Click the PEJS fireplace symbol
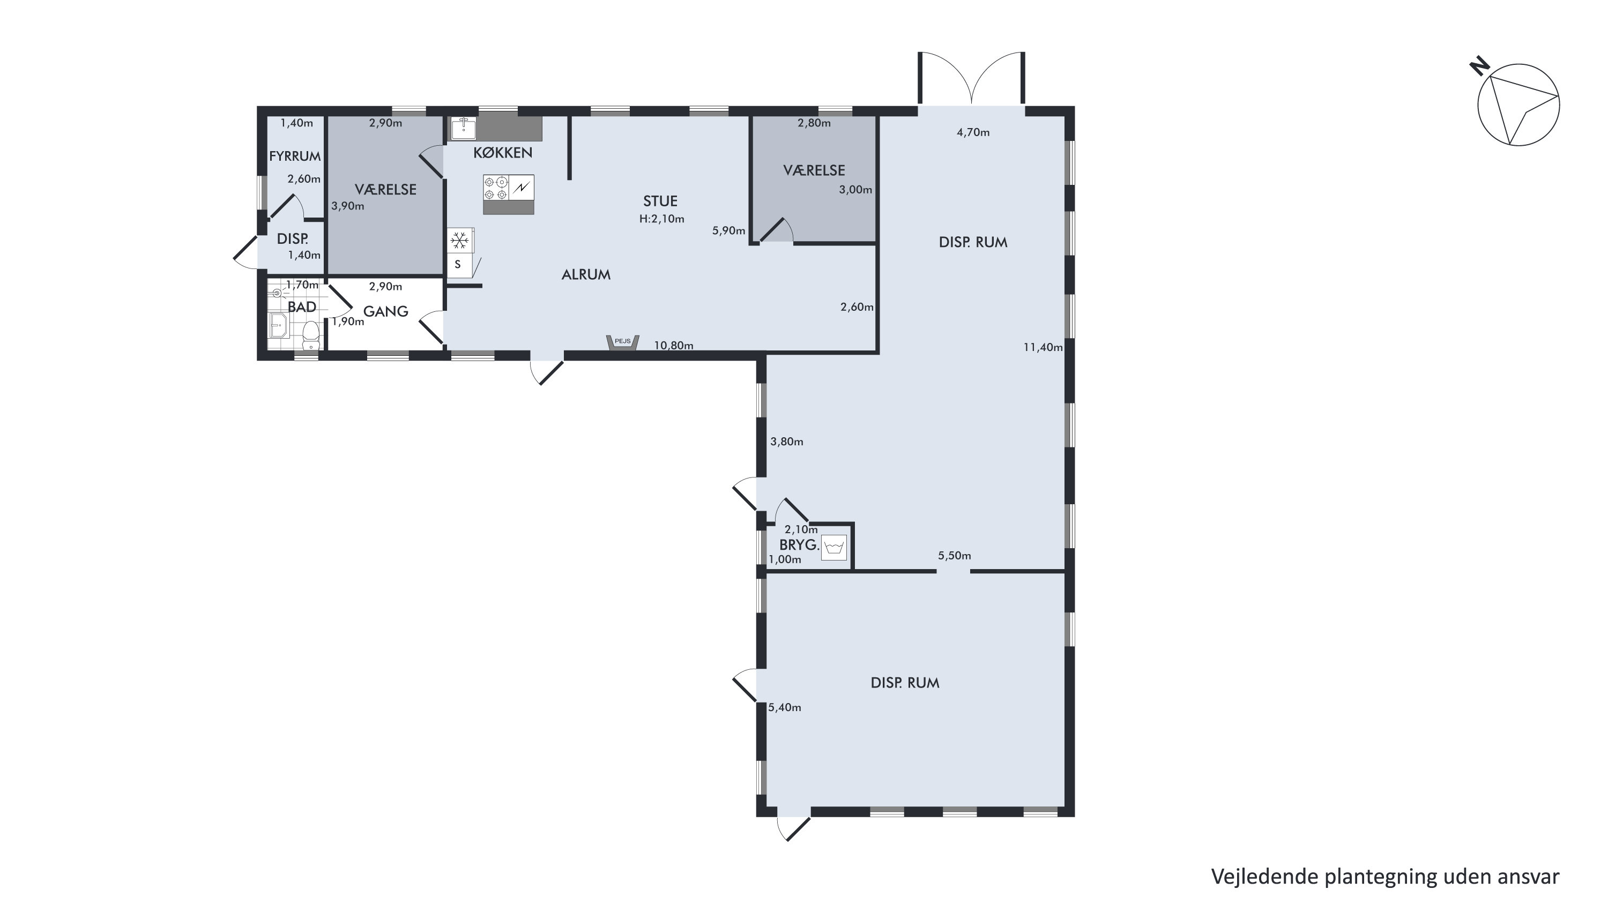(x=622, y=343)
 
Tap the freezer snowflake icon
(x=460, y=240)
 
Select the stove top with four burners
(x=496, y=187)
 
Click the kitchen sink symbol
(x=464, y=129)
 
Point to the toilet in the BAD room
(x=310, y=335)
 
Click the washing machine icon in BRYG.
(x=834, y=548)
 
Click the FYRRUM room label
(x=295, y=156)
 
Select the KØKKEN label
(x=503, y=153)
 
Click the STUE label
(x=660, y=201)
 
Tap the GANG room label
(x=386, y=311)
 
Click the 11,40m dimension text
(x=1043, y=347)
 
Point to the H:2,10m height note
(x=661, y=219)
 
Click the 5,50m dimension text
(x=955, y=556)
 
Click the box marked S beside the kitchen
(x=458, y=265)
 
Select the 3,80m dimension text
(x=786, y=442)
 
